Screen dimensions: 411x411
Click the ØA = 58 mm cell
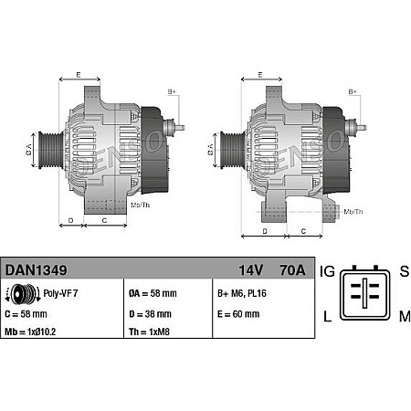click(153, 294)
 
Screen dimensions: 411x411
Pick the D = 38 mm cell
click(151, 312)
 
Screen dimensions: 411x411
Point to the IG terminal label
click(329, 271)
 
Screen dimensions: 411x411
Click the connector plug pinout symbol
click(365, 294)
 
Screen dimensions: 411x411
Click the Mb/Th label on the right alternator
click(352, 211)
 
